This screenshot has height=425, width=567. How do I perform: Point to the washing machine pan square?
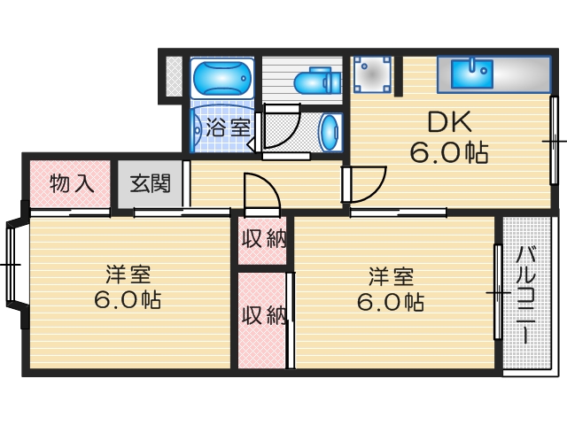tap(373, 74)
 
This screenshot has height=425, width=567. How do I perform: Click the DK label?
tap(447, 121)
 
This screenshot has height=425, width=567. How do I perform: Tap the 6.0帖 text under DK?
tap(447, 152)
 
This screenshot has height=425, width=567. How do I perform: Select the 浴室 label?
tap(228, 127)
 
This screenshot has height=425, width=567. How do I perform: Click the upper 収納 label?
tap(263, 240)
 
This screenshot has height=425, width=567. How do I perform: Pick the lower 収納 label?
tap(263, 313)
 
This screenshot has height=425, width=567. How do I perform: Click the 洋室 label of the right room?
tap(390, 274)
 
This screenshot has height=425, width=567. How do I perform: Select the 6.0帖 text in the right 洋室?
tap(390, 302)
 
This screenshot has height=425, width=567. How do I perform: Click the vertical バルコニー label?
tap(524, 295)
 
